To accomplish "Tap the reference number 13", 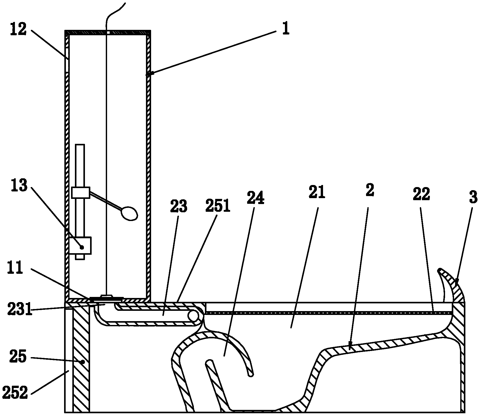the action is pyautogui.click(x=19, y=186).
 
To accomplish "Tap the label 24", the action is pyautogui.click(x=256, y=198).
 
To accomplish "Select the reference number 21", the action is pyautogui.click(x=317, y=192).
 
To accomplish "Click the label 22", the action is pyautogui.click(x=422, y=195).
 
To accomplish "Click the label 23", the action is pyautogui.click(x=179, y=206).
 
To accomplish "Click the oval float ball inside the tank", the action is pyautogui.click(x=129, y=213).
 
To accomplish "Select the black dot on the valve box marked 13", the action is pyautogui.click(x=82, y=247).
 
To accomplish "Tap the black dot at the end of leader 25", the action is pyautogui.click(x=83, y=362).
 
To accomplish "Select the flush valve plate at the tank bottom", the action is pyautogui.click(x=106, y=298).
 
